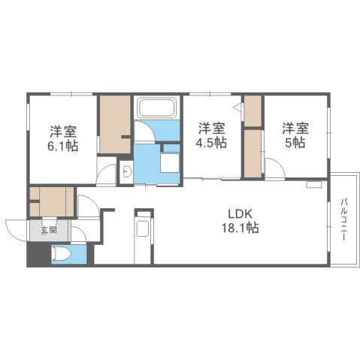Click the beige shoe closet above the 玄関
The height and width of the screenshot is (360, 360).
tap(51, 202)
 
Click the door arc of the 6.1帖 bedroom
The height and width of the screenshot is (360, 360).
tap(107, 171)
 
